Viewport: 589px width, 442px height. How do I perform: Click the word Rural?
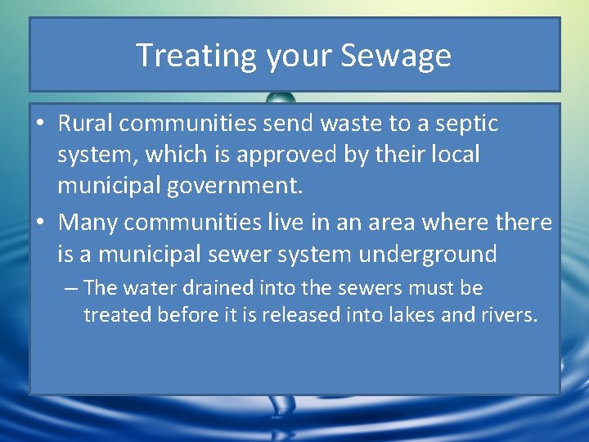click(x=85, y=124)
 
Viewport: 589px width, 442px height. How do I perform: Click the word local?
click(x=451, y=155)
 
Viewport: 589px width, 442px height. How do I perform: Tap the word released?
click(x=300, y=315)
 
